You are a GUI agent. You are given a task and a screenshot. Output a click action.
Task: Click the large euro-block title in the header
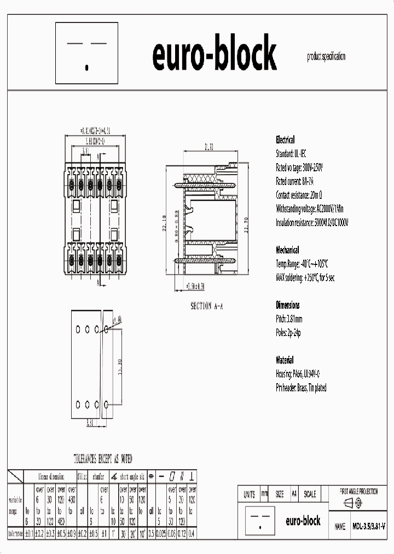[214, 55]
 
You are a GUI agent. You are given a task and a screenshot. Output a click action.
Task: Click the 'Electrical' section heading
[285, 140]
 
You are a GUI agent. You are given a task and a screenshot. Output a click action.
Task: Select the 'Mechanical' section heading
[287, 250]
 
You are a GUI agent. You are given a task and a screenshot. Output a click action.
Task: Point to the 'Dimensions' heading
[287, 305]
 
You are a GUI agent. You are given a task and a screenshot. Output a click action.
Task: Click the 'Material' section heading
[285, 360]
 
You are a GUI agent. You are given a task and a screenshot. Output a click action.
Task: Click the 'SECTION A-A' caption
[206, 306]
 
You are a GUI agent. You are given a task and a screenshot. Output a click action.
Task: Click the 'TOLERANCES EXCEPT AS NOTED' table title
[103, 459]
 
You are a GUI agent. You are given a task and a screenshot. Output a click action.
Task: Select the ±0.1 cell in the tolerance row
[29, 533]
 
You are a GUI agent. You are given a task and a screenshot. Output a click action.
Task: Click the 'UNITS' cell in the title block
[249, 494]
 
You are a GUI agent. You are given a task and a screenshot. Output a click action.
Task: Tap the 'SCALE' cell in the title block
[309, 494]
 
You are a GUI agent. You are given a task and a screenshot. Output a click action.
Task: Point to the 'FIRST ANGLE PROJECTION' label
[359, 492]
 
